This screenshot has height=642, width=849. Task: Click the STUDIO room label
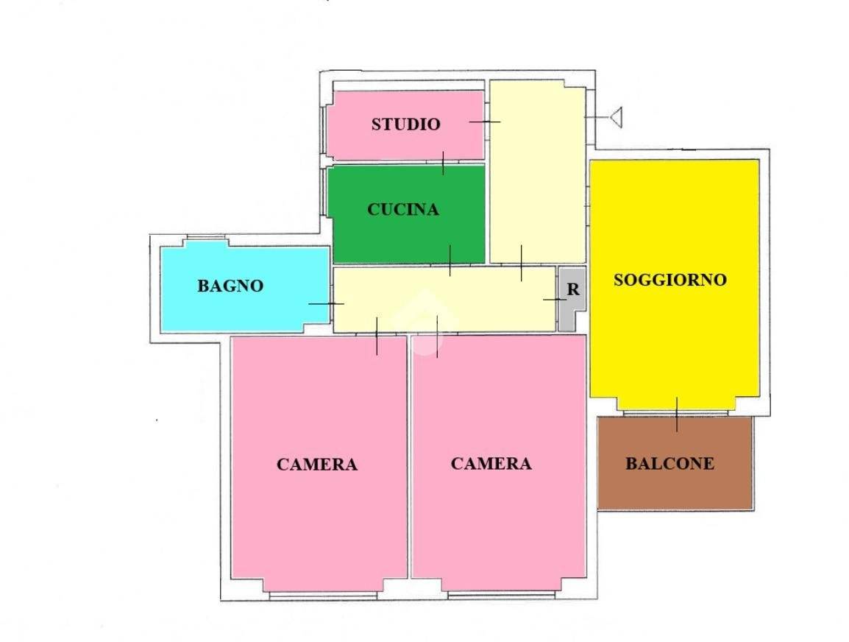click(405, 124)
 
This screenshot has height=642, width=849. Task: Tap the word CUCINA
click(403, 209)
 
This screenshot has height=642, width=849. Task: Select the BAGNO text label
click(230, 286)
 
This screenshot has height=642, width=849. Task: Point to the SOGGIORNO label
click(669, 280)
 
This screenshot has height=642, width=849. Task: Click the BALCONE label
click(669, 463)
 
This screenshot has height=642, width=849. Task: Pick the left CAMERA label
click(317, 465)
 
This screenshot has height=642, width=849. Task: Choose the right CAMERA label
click(491, 463)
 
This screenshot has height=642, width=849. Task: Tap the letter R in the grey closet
click(573, 289)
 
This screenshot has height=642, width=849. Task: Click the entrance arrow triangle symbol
click(617, 117)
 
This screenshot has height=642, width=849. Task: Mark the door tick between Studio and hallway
click(485, 121)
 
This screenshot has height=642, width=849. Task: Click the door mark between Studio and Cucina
click(443, 163)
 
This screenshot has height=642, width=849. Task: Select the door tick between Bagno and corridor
click(326, 303)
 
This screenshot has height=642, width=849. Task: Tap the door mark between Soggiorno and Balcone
click(676, 415)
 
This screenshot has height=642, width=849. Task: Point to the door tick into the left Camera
click(377, 336)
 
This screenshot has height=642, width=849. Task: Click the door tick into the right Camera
click(437, 336)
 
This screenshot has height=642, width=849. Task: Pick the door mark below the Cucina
click(450, 261)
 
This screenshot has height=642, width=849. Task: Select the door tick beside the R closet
click(555, 299)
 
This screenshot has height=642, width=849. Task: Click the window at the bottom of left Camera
click(323, 596)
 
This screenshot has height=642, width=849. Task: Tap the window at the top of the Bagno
click(205, 237)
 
